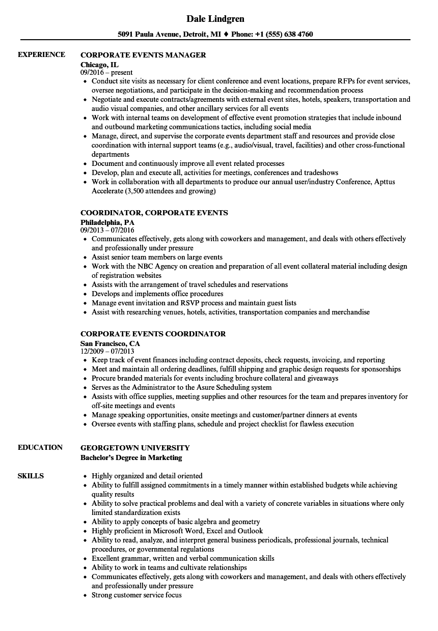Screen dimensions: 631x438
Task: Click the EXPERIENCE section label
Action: (x=41, y=54)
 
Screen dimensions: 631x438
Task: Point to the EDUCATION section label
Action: (x=40, y=447)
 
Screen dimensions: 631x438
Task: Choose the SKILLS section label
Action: (x=31, y=476)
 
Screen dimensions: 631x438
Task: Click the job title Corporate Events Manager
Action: (x=143, y=55)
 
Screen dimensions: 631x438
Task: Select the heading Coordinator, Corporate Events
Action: (x=154, y=213)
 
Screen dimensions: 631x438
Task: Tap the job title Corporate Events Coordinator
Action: (x=153, y=334)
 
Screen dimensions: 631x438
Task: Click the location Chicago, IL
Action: (x=99, y=64)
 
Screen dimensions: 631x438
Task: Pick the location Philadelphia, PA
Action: (x=107, y=222)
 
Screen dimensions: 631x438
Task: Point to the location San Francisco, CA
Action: (x=110, y=343)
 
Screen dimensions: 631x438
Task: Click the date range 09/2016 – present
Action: (x=106, y=73)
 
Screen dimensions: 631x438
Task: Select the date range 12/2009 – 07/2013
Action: (x=107, y=352)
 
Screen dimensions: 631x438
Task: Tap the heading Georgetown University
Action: (x=135, y=448)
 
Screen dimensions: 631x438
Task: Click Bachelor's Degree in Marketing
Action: (x=131, y=457)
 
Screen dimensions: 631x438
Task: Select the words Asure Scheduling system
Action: (x=231, y=387)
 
